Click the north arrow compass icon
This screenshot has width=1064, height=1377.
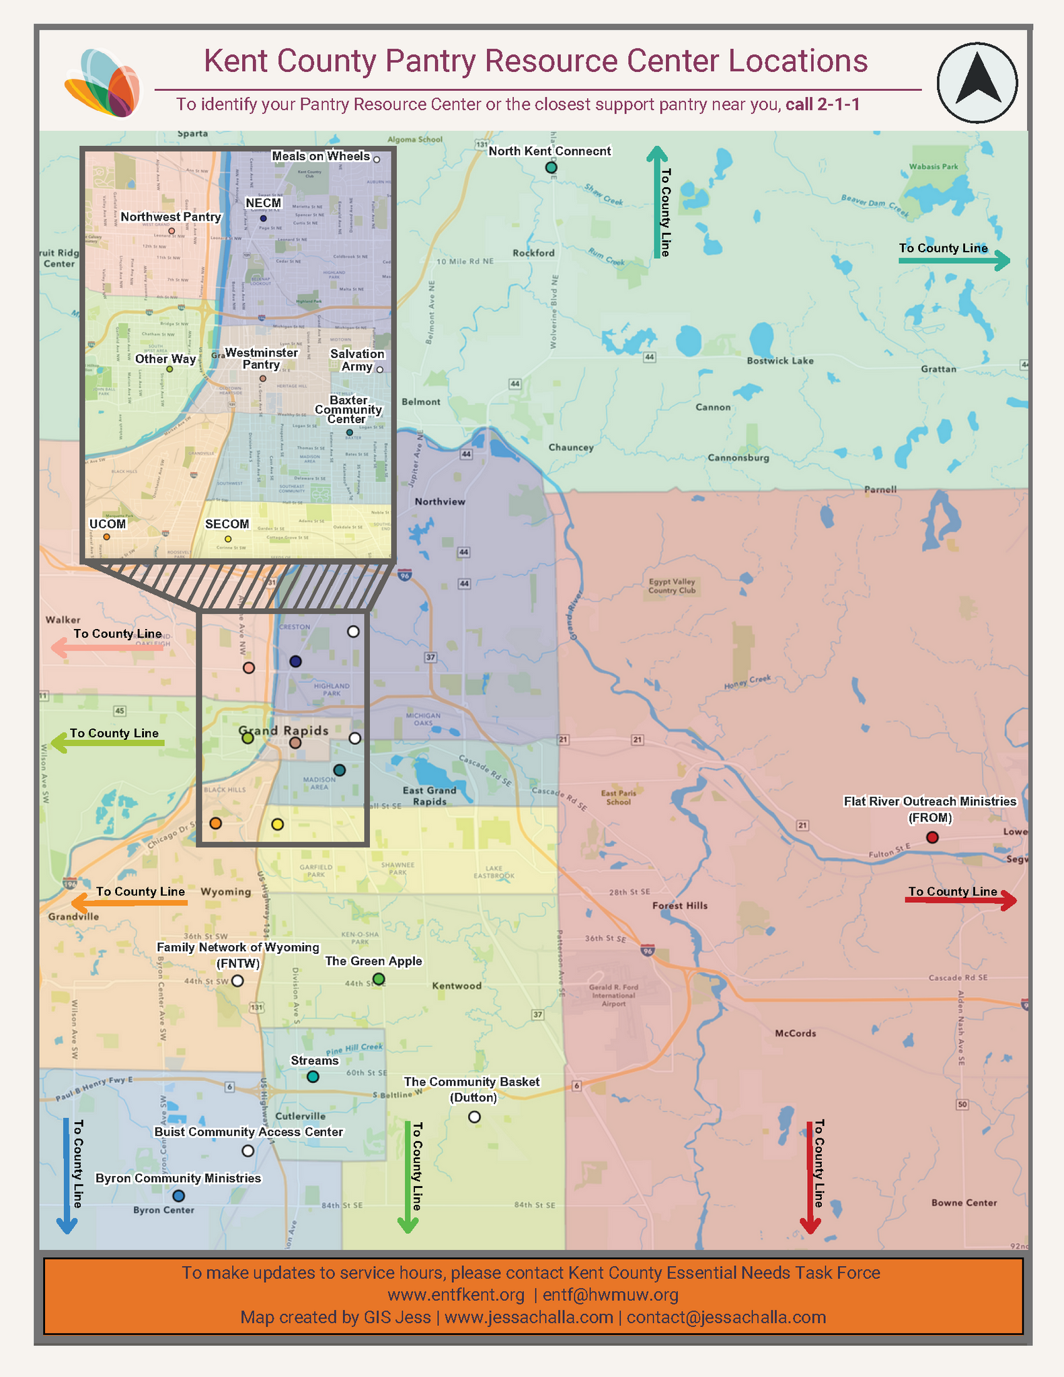pyautogui.click(x=977, y=83)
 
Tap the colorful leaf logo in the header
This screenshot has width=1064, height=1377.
pyautogui.click(x=103, y=83)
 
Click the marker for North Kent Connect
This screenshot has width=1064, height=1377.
pyautogui.click(x=551, y=167)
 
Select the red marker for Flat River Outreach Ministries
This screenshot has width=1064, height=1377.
pyautogui.click(x=932, y=838)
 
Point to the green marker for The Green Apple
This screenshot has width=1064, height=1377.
pyautogui.click(x=379, y=979)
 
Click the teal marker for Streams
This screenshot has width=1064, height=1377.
pyautogui.click(x=313, y=1076)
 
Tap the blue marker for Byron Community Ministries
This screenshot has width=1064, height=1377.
pyautogui.click(x=178, y=1195)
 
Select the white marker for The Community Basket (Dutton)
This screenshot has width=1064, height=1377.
pyautogui.click(x=474, y=1117)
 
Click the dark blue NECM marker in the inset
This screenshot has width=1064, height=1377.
pyautogui.click(x=264, y=219)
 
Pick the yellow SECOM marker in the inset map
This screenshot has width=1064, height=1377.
pyautogui.click(x=228, y=539)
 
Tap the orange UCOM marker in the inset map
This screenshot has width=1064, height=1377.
pyautogui.click(x=106, y=537)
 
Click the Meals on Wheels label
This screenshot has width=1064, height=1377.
pyautogui.click(x=321, y=156)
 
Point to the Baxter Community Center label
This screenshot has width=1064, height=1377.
pyautogui.click(x=348, y=410)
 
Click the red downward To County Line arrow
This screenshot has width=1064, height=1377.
pyautogui.click(x=810, y=1177)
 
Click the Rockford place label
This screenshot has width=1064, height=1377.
pyautogui.click(x=533, y=253)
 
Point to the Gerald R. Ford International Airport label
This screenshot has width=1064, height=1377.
pyautogui.click(x=613, y=996)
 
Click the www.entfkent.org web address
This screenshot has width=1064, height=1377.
pyautogui.click(x=456, y=1295)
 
